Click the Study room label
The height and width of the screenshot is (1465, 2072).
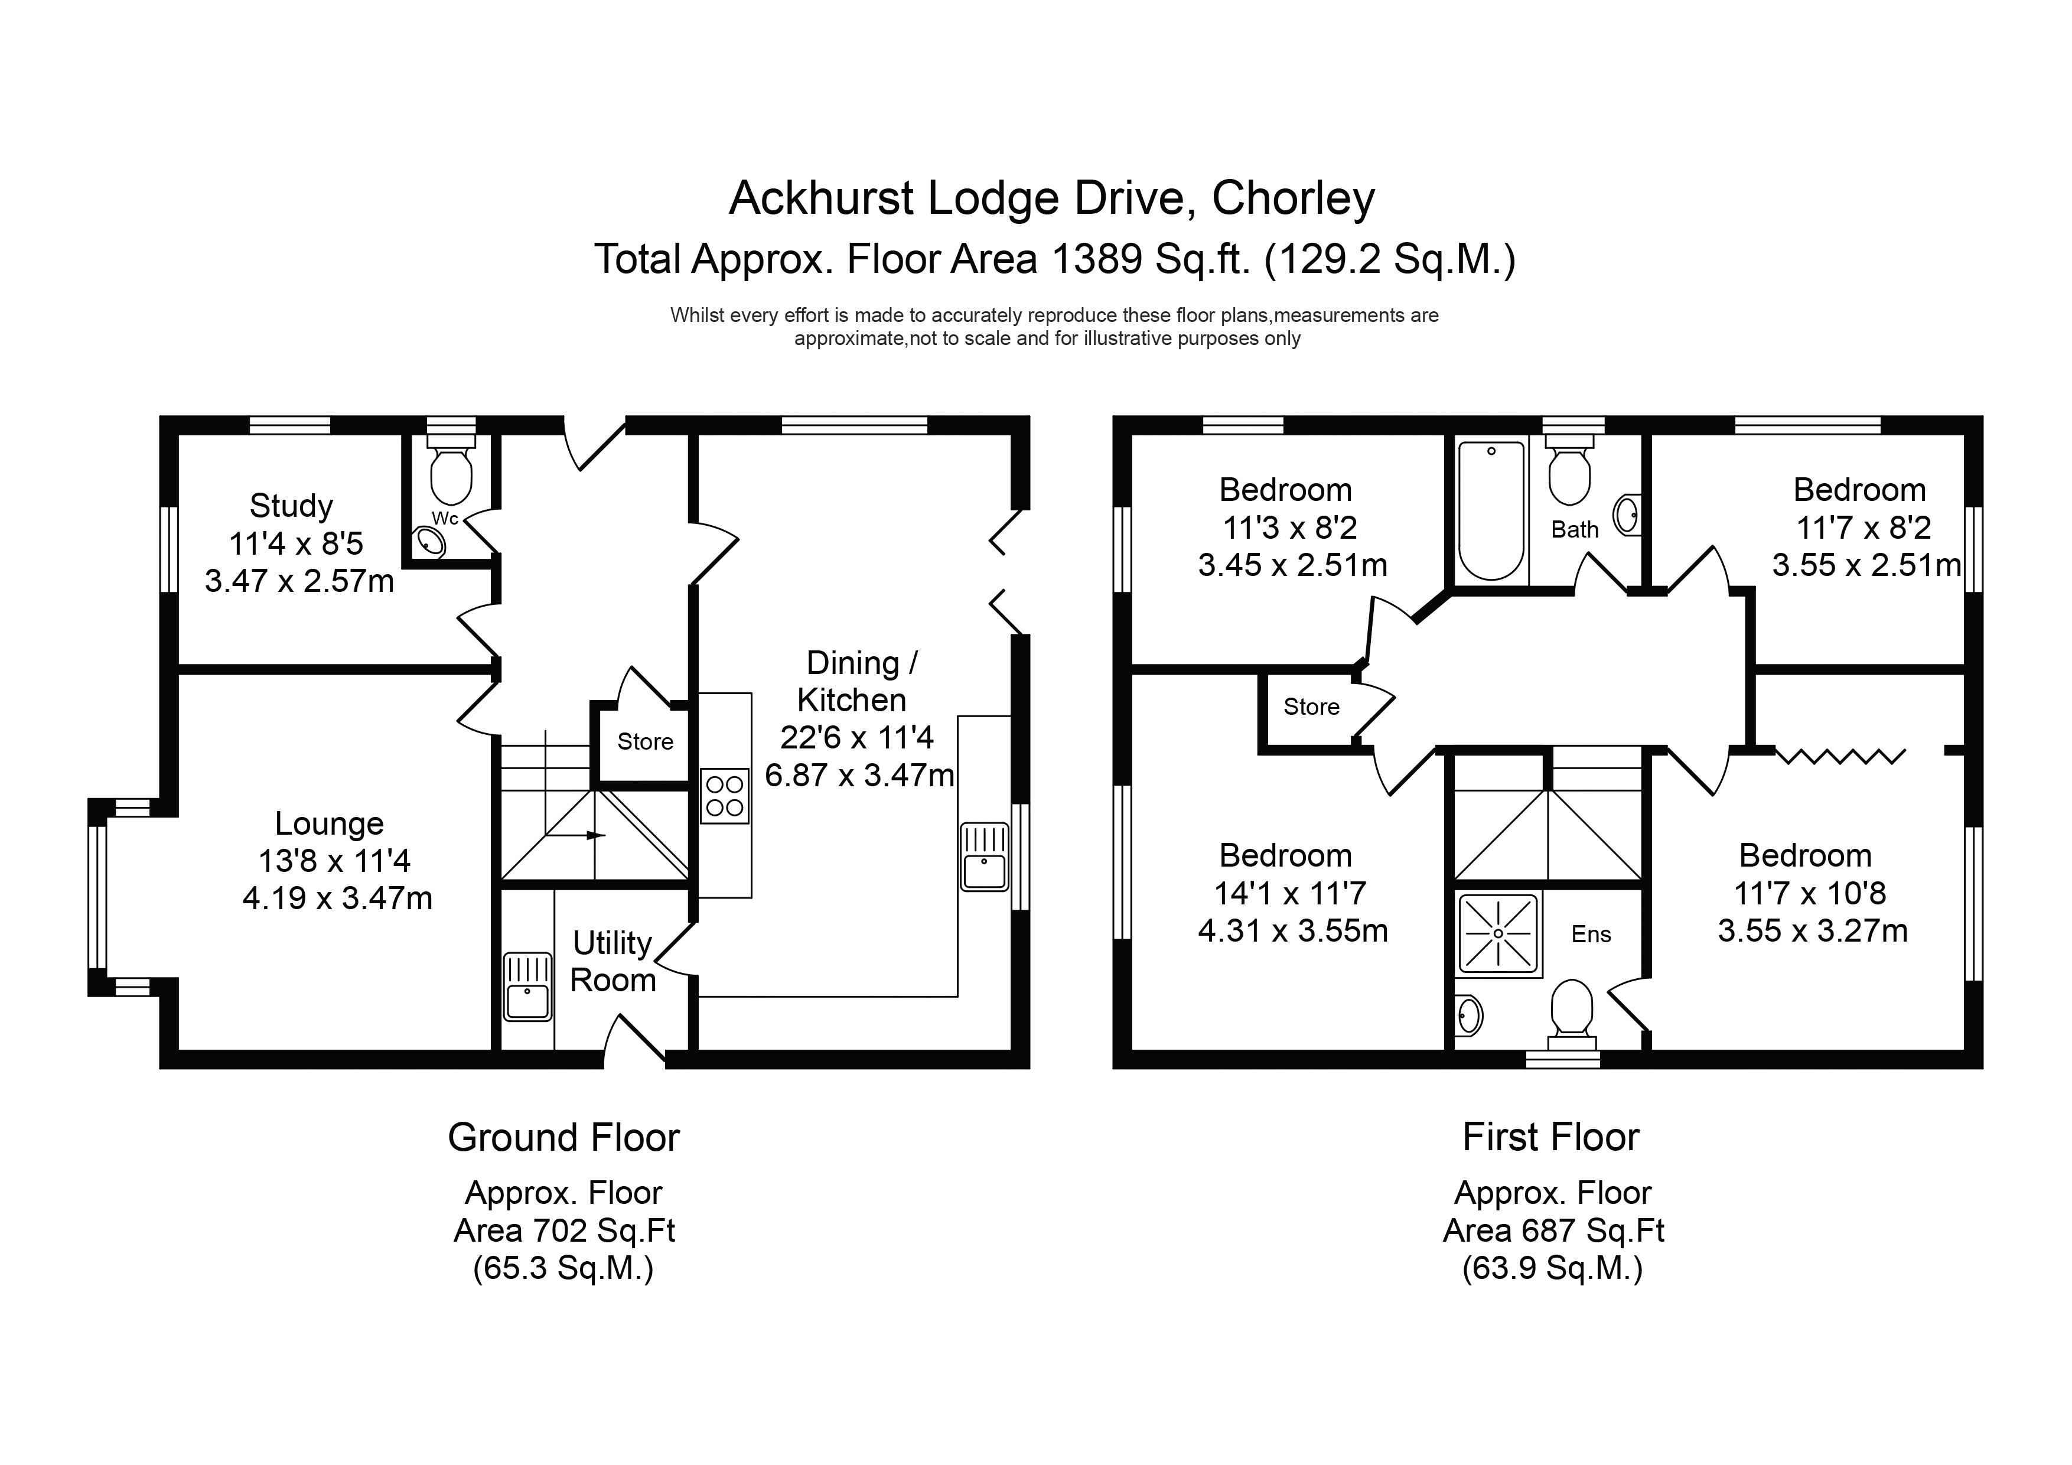pos(291,506)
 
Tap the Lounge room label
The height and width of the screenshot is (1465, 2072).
pos(330,823)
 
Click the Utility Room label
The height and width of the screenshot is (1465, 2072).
pos(613,961)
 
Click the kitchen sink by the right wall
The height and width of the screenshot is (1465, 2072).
pos(985,856)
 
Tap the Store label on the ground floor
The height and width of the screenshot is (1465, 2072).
pos(645,742)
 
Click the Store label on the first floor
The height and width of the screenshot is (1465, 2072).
pos(1311,707)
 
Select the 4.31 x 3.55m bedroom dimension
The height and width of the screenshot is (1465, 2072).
pos(1292,930)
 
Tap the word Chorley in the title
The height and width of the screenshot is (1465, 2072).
pos(1293,198)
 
